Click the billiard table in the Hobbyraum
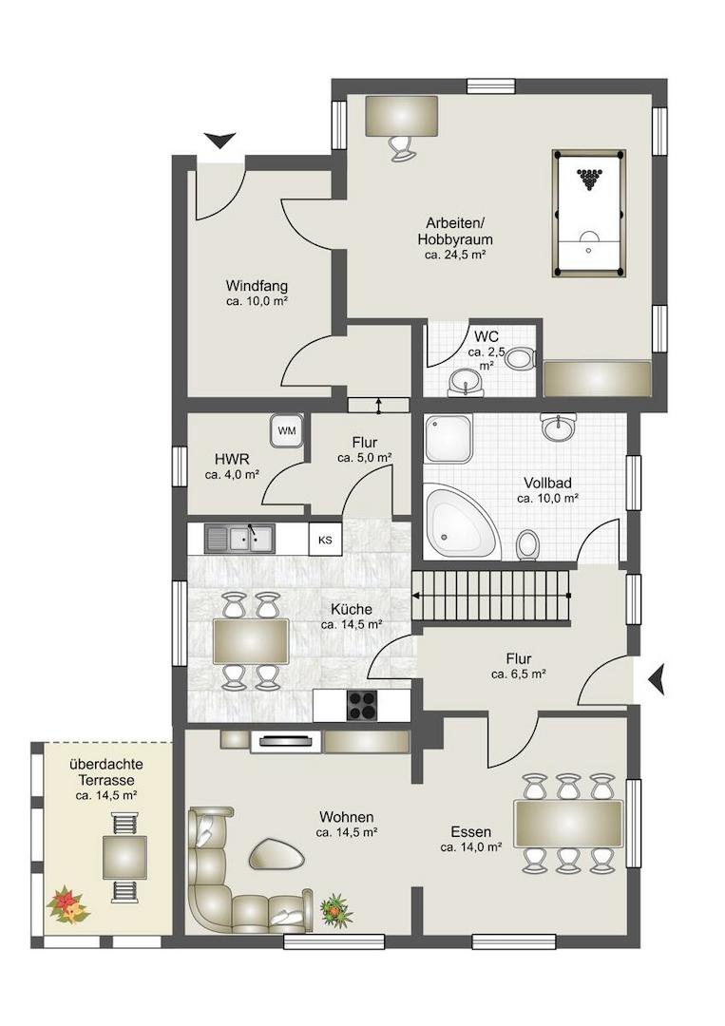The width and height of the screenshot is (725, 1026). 589,214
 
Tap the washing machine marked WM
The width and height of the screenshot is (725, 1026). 287,430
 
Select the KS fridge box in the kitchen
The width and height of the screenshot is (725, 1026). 325,540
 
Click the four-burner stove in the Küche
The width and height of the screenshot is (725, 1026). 362,705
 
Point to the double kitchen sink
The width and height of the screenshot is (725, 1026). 240,539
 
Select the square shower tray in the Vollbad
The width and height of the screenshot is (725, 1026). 448,438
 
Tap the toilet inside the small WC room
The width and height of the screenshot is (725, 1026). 522,358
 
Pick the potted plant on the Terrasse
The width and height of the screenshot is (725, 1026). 67,904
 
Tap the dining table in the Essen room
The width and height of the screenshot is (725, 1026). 568,823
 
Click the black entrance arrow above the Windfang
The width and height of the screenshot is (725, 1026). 219,140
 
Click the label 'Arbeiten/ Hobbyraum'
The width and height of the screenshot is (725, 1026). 455,230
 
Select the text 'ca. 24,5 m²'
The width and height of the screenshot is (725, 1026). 455,256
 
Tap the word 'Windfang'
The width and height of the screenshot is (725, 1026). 257,286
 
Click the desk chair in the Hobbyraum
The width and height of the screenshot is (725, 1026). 400,148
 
